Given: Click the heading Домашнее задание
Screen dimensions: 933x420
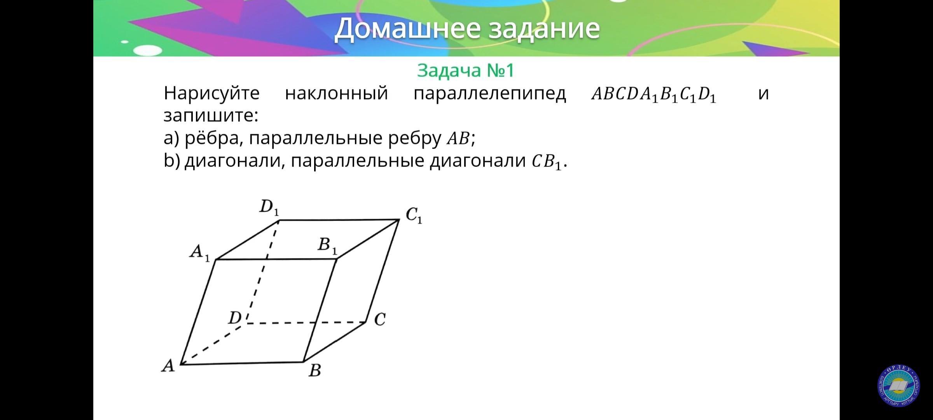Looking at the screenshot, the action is [467, 28].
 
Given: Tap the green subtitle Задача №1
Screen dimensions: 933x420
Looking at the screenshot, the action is [465, 70].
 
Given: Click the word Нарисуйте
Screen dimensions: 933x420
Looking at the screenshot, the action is [211, 93].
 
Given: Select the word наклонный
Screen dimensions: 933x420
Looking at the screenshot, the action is [336, 93].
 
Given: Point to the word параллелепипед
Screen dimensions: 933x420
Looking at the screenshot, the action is [489, 94].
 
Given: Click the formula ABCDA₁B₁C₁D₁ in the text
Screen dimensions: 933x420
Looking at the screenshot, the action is [653, 94].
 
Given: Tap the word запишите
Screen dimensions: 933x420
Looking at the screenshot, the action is [211, 115].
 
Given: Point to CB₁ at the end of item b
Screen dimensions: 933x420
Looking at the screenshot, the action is [547, 162].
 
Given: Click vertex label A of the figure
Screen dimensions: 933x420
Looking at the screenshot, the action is [168, 366].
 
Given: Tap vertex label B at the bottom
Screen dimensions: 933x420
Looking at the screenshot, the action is [315, 370].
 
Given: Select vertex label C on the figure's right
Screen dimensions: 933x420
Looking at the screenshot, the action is [380, 319].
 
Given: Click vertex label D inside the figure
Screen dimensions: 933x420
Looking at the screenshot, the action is [235, 318].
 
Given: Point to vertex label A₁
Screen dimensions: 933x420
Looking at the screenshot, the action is [200, 253].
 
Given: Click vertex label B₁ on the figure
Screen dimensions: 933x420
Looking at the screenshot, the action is [327, 246].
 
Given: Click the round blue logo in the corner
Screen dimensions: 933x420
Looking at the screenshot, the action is [898, 387].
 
